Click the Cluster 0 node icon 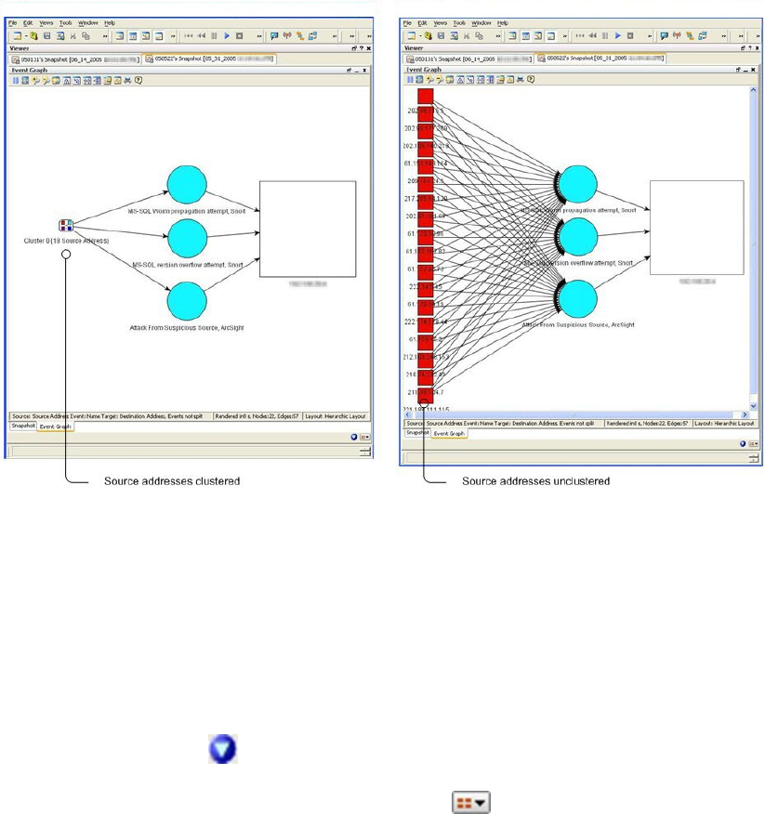pyautogui.click(x=66, y=226)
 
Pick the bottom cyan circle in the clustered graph pyautogui.click(x=192, y=303)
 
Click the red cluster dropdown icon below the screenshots pyautogui.click(x=471, y=804)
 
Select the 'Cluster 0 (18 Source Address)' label pyautogui.click(x=67, y=241)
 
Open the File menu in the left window pyautogui.click(x=13, y=21)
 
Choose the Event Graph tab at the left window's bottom pyautogui.click(x=55, y=427)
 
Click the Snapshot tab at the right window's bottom pyautogui.click(x=415, y=432)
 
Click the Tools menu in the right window pyautogui.click(x=459, y=21)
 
